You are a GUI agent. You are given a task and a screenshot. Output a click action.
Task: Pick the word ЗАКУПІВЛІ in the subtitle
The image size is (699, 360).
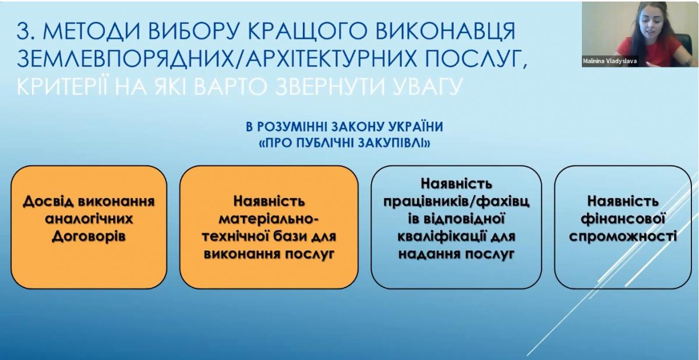394,143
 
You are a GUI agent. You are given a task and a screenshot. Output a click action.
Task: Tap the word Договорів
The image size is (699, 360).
89,237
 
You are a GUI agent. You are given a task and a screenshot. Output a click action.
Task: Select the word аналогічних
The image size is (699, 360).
89,219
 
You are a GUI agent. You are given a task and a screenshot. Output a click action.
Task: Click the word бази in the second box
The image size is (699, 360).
292,237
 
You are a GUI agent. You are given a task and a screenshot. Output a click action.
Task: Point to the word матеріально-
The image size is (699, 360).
269,219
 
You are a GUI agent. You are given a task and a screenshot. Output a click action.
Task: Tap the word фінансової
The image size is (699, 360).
623,219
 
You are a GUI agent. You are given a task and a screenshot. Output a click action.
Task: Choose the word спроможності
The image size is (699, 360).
623,237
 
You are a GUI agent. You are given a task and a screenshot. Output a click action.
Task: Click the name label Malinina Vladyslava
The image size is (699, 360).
609,61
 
